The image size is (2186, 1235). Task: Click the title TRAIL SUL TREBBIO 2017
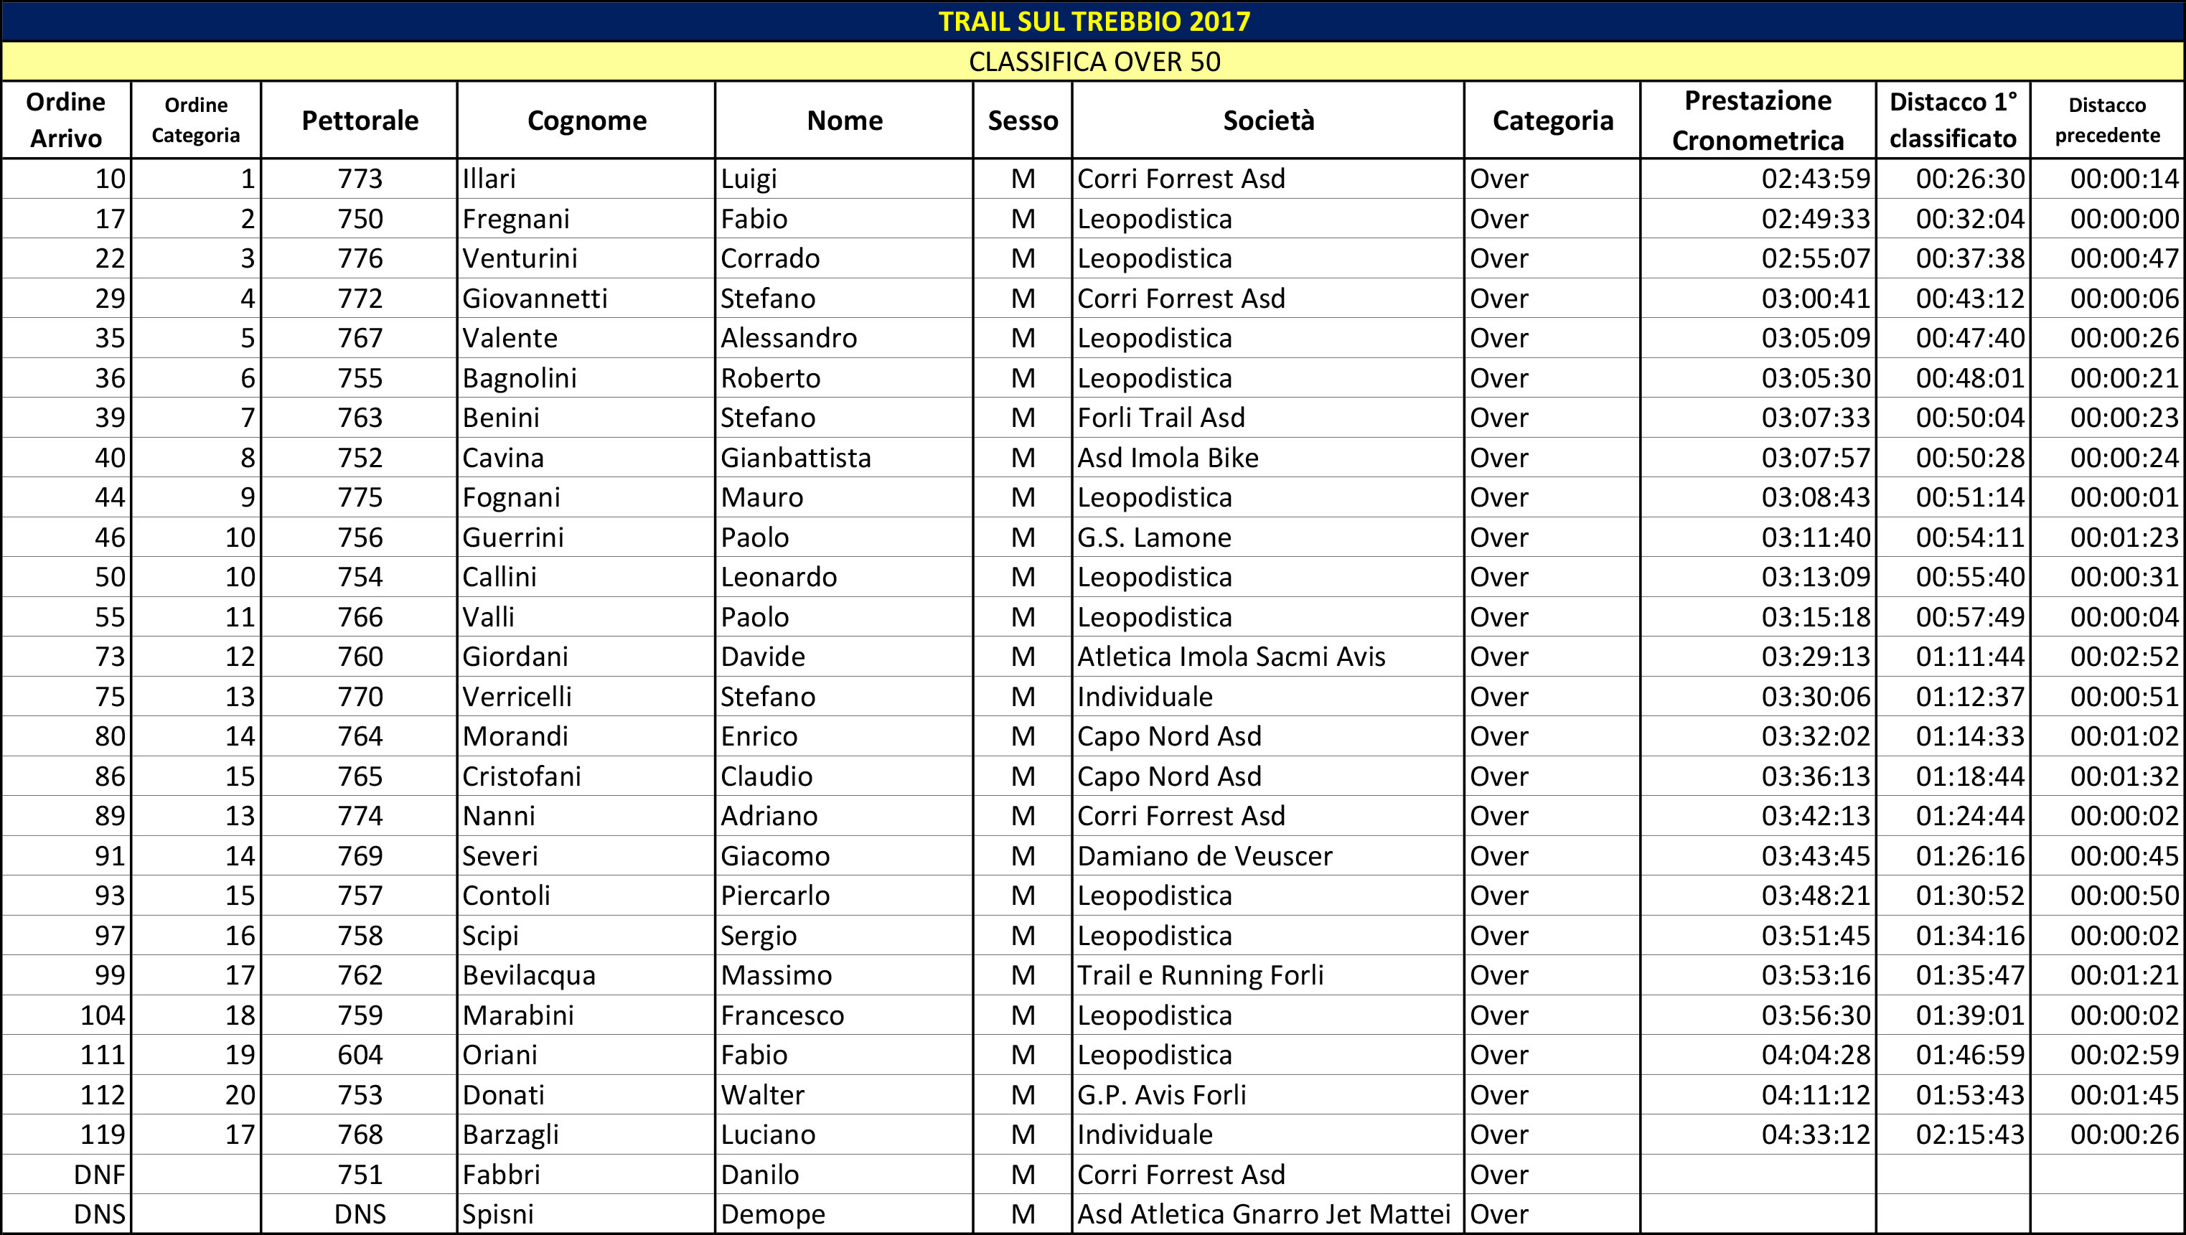[1094, 22]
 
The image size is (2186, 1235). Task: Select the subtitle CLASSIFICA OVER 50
[1094, 62]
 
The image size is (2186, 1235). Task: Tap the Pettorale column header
[360, 121]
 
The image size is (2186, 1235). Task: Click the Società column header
[1268, 121]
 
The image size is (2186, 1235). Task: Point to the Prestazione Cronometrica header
[1758, 121]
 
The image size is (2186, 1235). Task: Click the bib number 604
[360, 1055]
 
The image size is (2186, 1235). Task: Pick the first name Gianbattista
[795, 459]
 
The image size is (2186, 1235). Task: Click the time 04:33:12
[1815, 1135]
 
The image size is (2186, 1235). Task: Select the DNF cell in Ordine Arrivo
[99, 1175]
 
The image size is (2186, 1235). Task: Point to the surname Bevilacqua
[529, 975]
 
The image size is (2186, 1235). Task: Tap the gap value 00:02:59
[2124, 1055]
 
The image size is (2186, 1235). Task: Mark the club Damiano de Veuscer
[1204, 856]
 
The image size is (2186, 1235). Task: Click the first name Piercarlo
[775, 896]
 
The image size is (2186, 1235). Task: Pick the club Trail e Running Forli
[1200, 975]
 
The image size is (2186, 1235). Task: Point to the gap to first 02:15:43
[1969, 1135]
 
